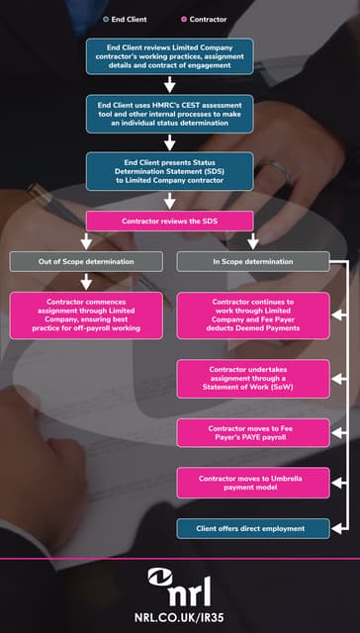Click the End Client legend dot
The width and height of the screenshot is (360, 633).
(107, 20)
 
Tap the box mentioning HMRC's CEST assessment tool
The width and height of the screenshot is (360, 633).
(169, 114)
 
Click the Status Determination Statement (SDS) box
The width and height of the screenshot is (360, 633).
(169, 170)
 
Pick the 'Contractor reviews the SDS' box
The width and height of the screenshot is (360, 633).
(169, 221)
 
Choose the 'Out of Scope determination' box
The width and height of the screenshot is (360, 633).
(86, 262)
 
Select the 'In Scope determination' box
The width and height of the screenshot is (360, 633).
(253, 262)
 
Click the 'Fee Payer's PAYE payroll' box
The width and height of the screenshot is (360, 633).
(253, 432)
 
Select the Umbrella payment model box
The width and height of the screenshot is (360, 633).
(253, 483)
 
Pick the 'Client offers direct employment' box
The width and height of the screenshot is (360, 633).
(253, 528)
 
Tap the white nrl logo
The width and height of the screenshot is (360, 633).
(180, 587)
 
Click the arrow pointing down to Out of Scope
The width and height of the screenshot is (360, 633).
(86, 241)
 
